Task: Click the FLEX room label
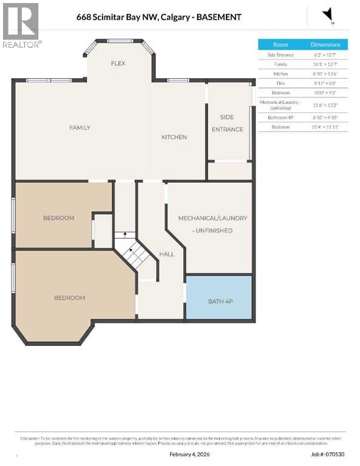pos(118,63)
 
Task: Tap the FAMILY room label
pos(80,127)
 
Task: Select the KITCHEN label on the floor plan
pos(174,137)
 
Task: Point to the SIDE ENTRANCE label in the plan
pos(228,124)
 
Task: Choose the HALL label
pos(167,255)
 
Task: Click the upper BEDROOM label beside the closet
pos(58,218)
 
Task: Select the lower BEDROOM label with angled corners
pos(69,298)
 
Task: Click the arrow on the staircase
pos(125,234)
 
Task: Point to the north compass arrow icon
pos(328,15)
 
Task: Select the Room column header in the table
pos(280,44)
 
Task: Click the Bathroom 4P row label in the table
pos(280,116)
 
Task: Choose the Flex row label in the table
pos(280,83)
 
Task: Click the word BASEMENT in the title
pos(217,17)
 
